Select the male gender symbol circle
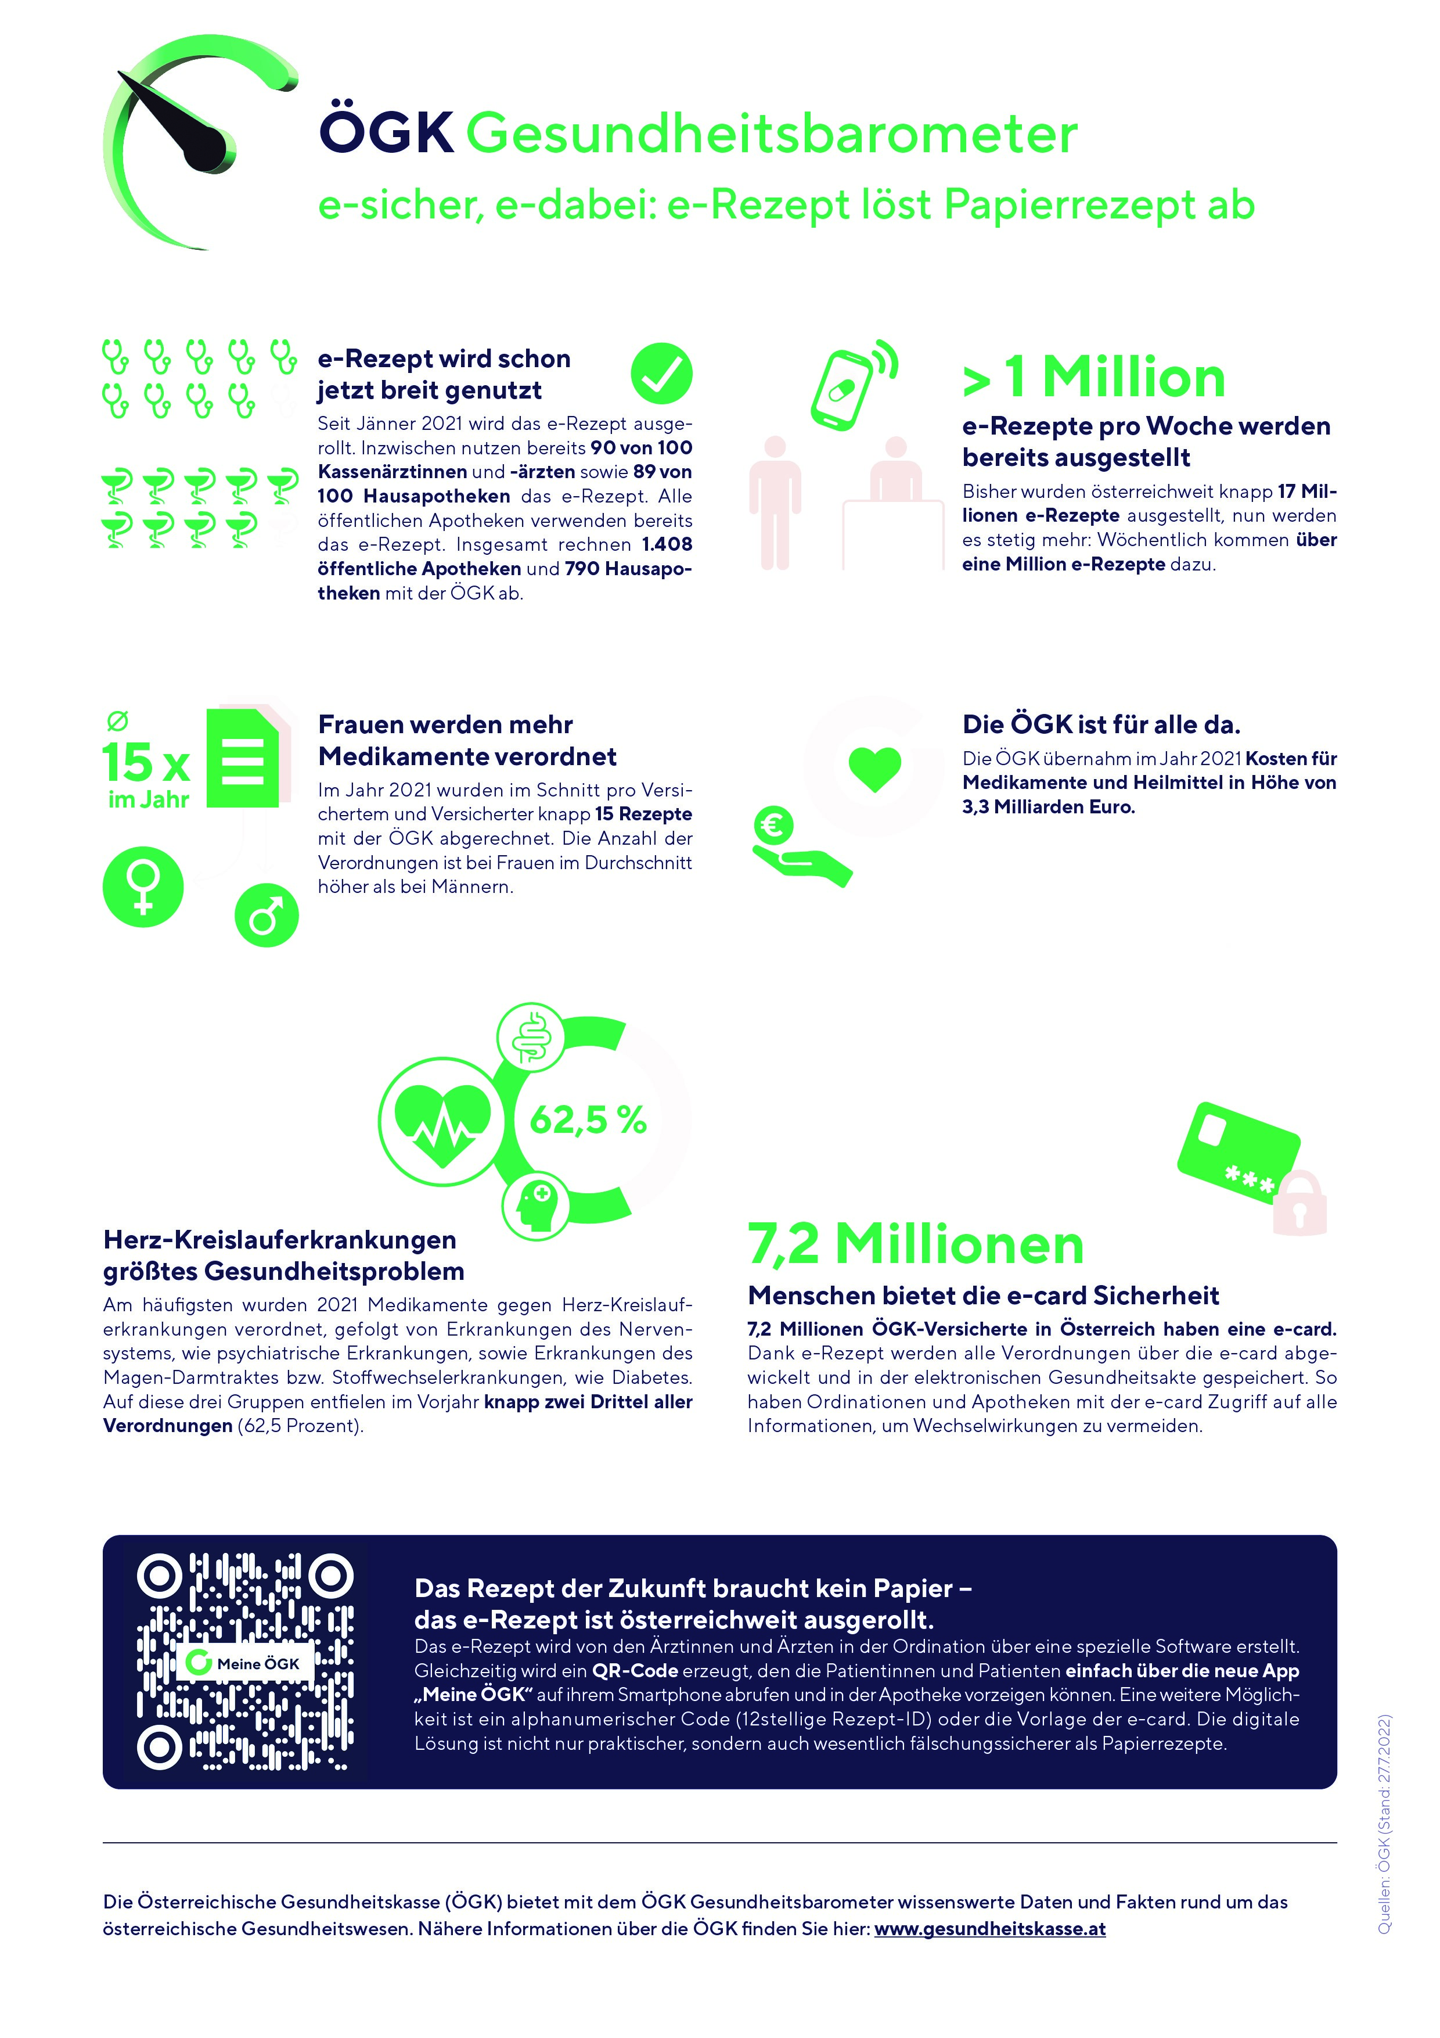click(266, 915)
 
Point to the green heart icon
click(875, 768)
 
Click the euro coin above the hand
click(773, 826)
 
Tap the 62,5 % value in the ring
click(588, 1120)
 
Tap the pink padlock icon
click(1300, 1204)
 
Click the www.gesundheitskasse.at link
click(989, 1929)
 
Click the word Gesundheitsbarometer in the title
click(771, 135)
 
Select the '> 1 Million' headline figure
click(1094, 377)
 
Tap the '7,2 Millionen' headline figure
click(916, 1244)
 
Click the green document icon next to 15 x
click(242, 758)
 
